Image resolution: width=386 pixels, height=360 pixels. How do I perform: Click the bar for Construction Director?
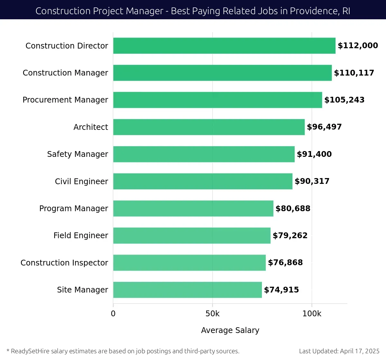tap(224, 46)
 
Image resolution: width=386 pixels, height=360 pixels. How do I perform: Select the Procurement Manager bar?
tap(217, 100)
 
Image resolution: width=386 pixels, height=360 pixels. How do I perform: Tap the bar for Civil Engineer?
tap(203, 181)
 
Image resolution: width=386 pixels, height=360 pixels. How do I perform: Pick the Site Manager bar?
tap(187, 290)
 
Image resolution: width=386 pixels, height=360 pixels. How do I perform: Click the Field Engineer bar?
tap(192, 236)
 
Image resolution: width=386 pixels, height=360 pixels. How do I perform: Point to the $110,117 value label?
tap(354, 73)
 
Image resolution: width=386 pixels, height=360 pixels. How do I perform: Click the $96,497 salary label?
tap(324, 127)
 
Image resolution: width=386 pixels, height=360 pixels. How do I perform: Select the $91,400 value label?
tap(314, 154)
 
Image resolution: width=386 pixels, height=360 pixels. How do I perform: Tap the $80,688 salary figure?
tap(293, 209)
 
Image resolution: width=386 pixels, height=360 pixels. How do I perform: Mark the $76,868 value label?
tap(285, 263)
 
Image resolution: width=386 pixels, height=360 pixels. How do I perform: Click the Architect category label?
tap(91, 127)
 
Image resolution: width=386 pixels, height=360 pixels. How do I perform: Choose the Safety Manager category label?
tap(78, 154)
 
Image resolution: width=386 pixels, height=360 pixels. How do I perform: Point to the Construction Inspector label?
tap(64, 263)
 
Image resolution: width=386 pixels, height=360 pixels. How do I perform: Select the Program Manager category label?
tap(74, 209)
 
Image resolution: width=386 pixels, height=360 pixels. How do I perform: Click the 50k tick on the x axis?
tap(212, 314)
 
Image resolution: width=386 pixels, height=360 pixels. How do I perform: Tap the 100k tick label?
tap(312, 314)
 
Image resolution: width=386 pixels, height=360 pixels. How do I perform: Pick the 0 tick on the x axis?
tap(113, 314)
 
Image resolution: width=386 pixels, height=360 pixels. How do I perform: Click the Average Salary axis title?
tap(230, 330)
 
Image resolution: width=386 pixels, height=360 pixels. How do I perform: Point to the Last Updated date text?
tap(339, 351)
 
